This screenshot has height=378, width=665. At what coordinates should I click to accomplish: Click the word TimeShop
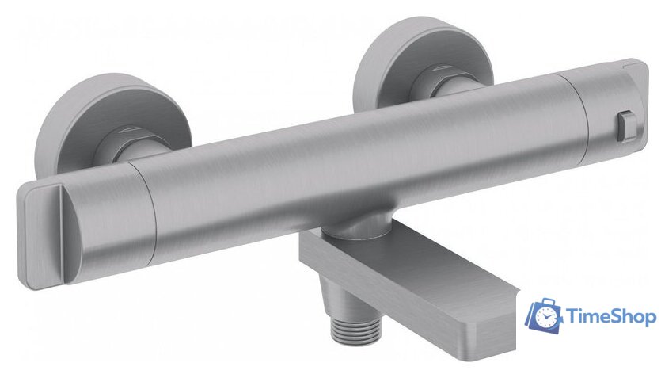(x=611, y=316)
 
